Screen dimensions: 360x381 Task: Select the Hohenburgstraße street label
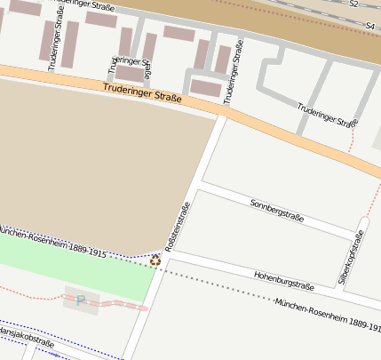(x=283, y=281)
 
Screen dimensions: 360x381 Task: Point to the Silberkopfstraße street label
(x=352, y=258)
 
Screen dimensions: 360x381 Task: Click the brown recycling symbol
(x=155, y=260)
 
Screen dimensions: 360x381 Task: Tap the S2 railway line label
(x=353, y=4)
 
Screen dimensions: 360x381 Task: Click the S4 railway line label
(x=369, y=27)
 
